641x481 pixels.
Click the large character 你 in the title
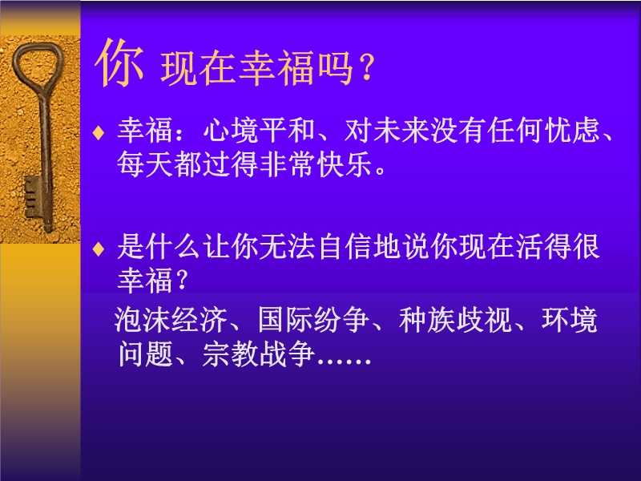(x=119, y=63)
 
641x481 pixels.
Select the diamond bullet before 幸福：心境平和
(x=99, y=132)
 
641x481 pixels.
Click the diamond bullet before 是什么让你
(x=99, y=249)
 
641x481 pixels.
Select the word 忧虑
(x=573, y=131)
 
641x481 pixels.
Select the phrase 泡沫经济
(x=171, y=319)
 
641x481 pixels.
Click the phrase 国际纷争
(x=313, y=319)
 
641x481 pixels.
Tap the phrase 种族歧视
(x=455, y=319)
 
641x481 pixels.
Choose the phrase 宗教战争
(x=258, y=354)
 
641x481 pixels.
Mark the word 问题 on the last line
(x=146, y=354)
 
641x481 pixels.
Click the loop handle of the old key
(x=38, y=66)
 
